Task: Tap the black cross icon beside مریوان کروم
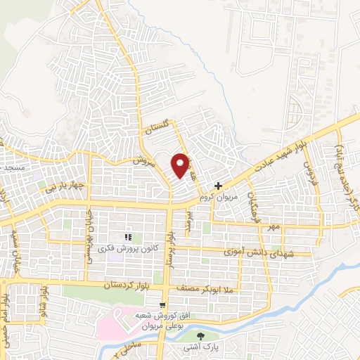tap(219, 186)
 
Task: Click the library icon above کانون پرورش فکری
tap(128, 237)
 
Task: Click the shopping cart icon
tap(163, 305)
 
